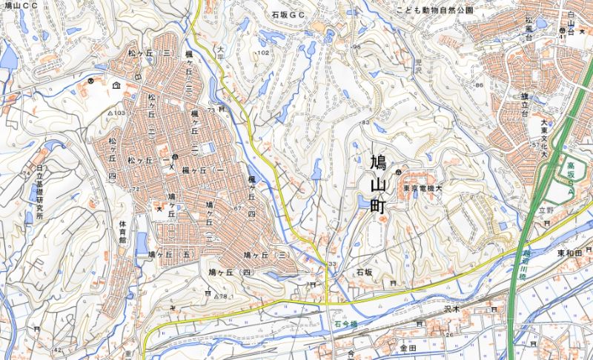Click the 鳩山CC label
click(19, 5)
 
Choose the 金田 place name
click(408, 347)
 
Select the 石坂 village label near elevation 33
click(363, 273)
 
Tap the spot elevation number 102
click(263, 53)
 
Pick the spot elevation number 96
click(357, 47)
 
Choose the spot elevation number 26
click(449, 335)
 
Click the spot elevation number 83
click(365, 122)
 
